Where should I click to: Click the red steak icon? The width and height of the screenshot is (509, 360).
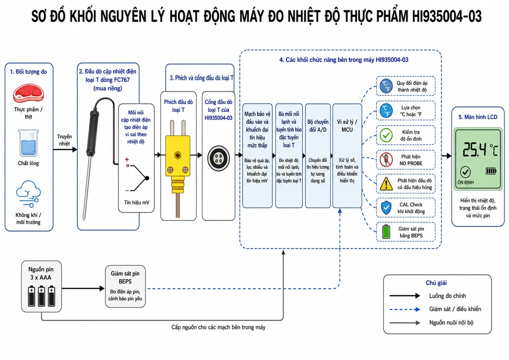(28, 93)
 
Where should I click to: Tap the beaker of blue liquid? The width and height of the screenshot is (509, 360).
(28, 143)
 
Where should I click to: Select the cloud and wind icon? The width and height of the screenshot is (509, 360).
(28, 194)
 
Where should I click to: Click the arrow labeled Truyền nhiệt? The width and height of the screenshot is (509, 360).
(65, 149)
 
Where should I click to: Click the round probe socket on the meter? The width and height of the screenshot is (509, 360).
(218, 158)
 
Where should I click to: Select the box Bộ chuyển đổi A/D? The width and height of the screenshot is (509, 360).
(318, 156)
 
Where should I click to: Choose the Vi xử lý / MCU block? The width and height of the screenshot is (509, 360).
(347, 156)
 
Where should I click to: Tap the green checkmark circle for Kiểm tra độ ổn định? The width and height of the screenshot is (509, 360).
(386, 135)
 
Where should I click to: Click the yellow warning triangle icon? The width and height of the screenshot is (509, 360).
(386, 184)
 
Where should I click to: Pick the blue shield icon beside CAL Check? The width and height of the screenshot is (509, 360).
(386, 208)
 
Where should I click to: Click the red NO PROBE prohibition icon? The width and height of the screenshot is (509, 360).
(386, 159)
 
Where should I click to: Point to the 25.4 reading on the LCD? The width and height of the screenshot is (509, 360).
(474, 150)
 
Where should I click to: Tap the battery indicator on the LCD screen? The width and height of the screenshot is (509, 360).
(491, 171)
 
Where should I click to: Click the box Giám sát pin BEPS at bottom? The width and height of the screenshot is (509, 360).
(125, 286)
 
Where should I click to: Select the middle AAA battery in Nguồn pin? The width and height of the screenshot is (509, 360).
(42, 296)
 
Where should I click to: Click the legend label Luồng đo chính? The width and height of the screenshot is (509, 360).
(447, 296)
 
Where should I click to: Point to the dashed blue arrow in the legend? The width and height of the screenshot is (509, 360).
(405, 309)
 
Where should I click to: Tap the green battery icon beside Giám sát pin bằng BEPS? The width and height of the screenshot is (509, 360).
(386, 232)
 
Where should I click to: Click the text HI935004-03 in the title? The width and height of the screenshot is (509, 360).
(447, 17)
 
